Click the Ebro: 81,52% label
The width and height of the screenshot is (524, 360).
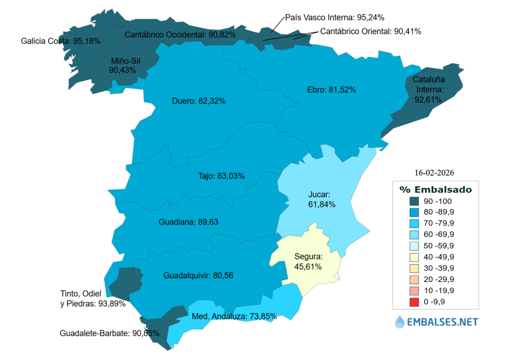point(331,89)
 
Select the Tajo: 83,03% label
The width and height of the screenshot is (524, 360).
point(221,176)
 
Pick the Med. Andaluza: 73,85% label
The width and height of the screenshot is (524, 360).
point(234,316)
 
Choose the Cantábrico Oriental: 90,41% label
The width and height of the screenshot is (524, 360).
point(371,31)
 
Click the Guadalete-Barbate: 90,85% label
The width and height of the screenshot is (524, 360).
point(109,333)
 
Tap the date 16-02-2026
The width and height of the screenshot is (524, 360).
point(438,172)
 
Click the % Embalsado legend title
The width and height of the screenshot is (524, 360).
point(435,189)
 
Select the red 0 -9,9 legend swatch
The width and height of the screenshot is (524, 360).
point(414,302)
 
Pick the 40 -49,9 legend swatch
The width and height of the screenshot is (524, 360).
point(414,257)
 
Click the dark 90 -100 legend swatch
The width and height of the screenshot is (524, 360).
point(414,201)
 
